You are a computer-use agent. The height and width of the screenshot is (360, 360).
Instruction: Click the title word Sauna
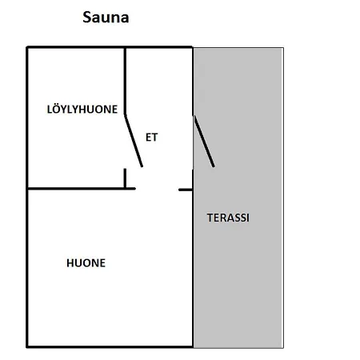(106, 18)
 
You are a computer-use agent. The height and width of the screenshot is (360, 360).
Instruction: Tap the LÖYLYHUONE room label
(82, 109)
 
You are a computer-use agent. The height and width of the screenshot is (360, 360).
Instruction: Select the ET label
(151, 138)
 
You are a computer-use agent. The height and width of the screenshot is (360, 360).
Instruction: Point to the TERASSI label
(228, 218)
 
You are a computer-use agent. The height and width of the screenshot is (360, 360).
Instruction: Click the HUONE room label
(86, 263)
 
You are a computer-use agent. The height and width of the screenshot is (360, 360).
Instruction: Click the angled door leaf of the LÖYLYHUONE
(134, 141)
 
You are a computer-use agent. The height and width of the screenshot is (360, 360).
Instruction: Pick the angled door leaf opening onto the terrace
(204, 142)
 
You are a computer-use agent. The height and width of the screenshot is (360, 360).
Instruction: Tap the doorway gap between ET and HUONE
(157, 189)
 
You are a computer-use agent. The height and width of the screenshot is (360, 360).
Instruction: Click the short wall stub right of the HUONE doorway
(186, 190)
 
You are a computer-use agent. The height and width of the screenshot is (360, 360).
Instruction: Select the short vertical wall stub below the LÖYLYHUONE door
(125, 178)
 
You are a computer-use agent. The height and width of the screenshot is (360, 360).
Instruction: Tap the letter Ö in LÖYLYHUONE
(57, 108)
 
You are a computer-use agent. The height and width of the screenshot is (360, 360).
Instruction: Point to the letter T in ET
(154, 138)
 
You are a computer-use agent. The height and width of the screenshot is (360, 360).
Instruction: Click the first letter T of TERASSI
(210, 218)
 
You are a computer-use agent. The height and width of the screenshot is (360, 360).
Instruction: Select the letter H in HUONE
(70, 263)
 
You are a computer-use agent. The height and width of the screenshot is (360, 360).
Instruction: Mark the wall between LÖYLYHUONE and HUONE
(82, 189)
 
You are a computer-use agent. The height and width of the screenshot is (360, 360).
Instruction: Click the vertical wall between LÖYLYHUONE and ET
(125, 82)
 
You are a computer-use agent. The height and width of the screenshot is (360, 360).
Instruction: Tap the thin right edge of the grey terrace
(283, 198)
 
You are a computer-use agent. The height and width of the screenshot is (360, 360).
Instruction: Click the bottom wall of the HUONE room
(110, 346)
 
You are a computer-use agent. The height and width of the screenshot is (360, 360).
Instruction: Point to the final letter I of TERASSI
(248, 218)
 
